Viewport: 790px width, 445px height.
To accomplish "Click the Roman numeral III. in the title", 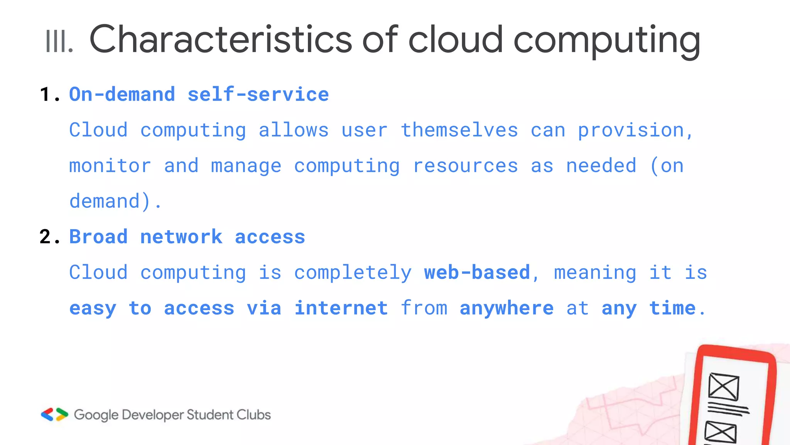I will pyautogui.click(x=59, y=41).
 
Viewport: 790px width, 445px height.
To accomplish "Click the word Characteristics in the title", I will pyautogui.click(x=220, y=39).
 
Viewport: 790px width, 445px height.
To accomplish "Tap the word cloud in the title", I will pyautogui.click(x=455, y=39).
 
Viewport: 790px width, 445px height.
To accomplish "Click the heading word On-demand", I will pyautogui.click(x=122, y=95).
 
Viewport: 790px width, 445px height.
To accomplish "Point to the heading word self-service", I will pyautogui.click(x=258, y=95).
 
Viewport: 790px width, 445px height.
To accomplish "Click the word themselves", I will pyautogui.click(x=459, y=130).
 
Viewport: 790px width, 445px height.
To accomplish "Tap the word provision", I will pyautogui.click(x=631, y=130).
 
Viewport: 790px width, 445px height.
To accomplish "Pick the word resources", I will pyautogui.click(x=465, y=166).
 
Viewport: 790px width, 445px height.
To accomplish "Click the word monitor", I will pyautogui.click(x=110, y=166).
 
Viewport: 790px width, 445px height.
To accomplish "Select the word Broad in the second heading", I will pyautogui.click(x=98, y=237).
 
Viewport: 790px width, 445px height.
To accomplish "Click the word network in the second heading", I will pyautogui.click(x=181, y=237).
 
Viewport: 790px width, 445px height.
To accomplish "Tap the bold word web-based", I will pyautogui.click(x=477, y=272).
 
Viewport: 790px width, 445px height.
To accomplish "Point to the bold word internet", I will pyautogui.click(x=341, y=308).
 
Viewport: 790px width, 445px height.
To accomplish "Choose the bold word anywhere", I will pyautogui.click(x=506, y=308).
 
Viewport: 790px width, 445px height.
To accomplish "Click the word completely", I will pyautogui.click(x=353, y=272).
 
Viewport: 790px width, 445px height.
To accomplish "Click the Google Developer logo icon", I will pyautogui.click(x=54, y=414).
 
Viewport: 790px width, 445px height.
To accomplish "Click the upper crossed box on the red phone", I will pyautogui.click(x=724, y=387).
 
